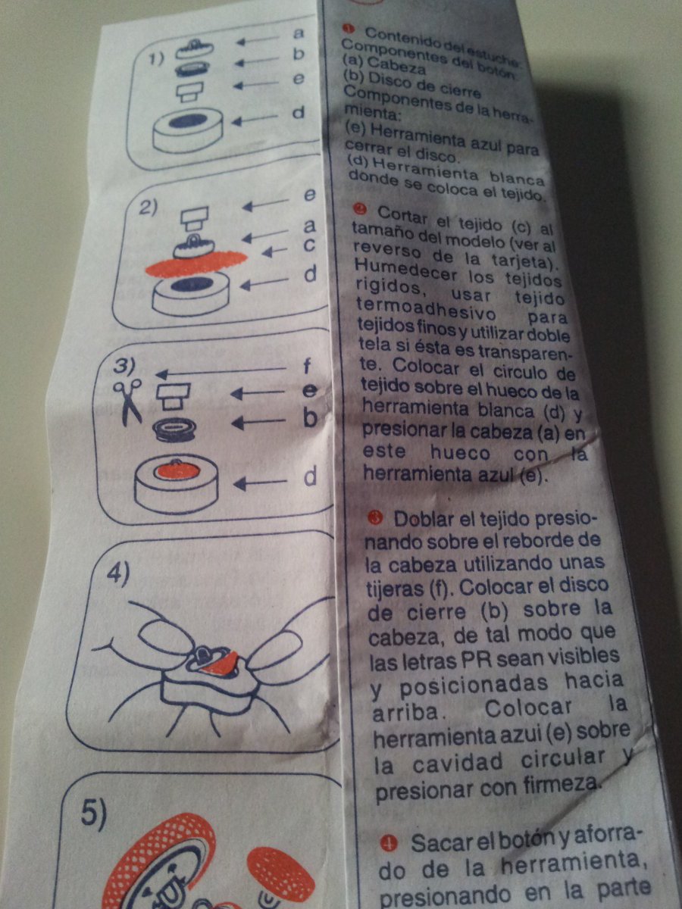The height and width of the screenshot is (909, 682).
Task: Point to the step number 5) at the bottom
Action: pyautogui.click(x=95, y=814)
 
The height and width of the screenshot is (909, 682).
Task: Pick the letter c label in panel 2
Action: pyautogui.click(x=308, y=245)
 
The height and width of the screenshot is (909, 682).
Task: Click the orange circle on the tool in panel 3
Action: pyautogui.click(x=177, y=470)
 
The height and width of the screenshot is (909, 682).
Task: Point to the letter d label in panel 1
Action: pyautogui.click(x=299, y=113)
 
